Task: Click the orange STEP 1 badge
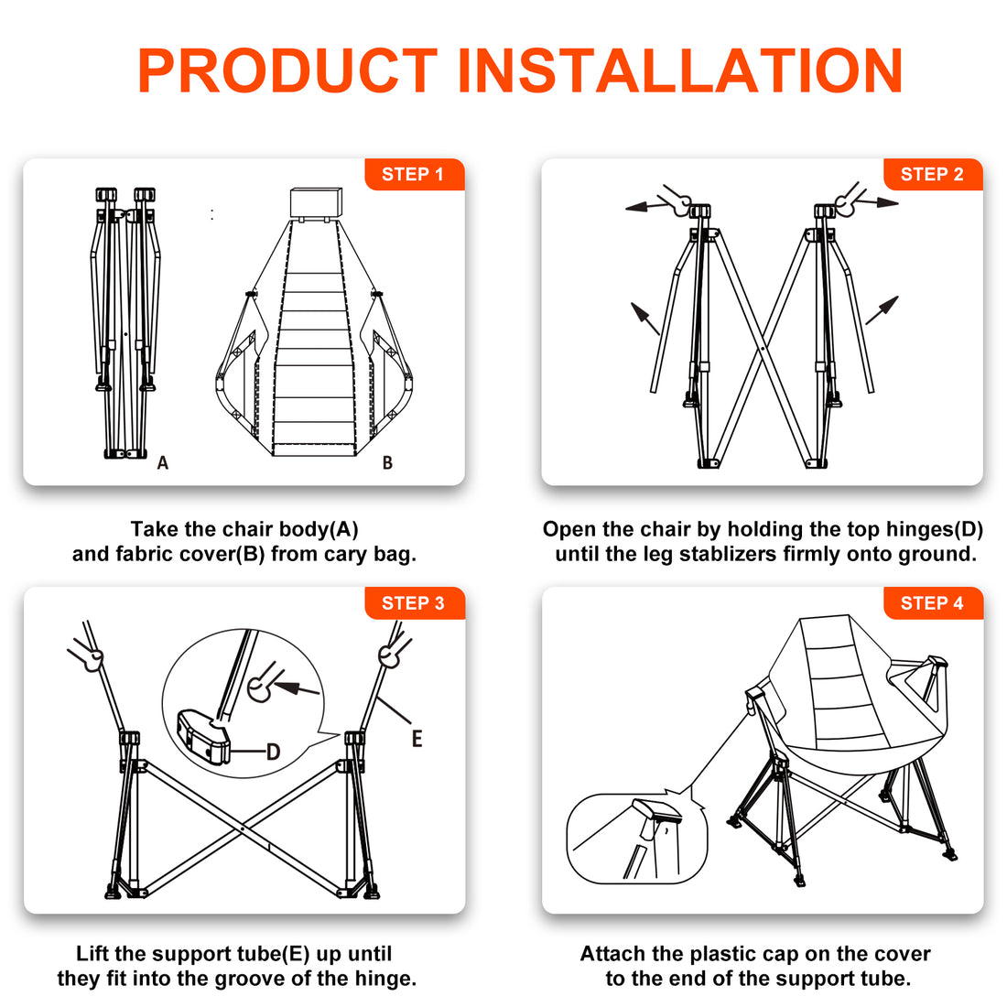414,174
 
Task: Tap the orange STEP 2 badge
933,174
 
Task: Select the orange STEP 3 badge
414,603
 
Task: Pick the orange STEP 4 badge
933,603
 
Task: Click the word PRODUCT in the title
287,70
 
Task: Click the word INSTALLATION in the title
680,70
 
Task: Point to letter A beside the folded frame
162,462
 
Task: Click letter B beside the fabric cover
387,462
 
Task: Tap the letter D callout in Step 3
274,752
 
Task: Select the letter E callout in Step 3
417,739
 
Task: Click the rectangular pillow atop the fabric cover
316,202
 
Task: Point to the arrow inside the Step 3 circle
297,689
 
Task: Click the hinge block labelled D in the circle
203,736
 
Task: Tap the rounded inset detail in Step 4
636,838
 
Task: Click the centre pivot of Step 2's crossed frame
763,349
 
